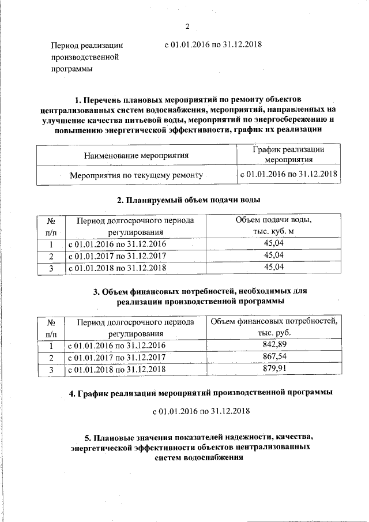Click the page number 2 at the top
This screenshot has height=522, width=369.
tap(187, 26)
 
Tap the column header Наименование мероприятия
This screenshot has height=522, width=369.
tap(136, 155)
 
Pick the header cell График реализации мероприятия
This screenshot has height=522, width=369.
tap(289, 155)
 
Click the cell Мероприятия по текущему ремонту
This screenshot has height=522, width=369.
tap(136, 174)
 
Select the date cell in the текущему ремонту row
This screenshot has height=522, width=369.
tap(289, 174)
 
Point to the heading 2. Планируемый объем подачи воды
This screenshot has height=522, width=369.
tap(188, 200)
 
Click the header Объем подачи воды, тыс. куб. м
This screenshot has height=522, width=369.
tap(274, 226)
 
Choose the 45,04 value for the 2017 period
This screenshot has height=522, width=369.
tap(274, 256)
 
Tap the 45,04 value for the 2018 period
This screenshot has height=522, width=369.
tap(274, 268)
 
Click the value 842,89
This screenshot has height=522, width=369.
tap(274, 345)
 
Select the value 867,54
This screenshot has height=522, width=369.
tap(274, 357)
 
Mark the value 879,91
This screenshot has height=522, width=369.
tap(274, 369)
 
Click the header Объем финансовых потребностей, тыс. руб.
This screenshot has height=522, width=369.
tap(274, 327)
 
